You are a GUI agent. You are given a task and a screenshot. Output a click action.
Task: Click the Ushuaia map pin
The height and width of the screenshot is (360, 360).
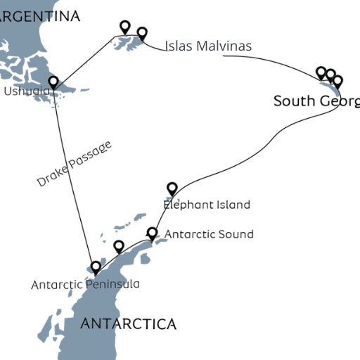pos(53,82)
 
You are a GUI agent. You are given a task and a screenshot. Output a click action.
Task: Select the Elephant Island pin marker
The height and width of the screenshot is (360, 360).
pos(172,188)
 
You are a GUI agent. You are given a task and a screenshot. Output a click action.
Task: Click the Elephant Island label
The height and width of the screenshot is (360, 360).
pos(206,205)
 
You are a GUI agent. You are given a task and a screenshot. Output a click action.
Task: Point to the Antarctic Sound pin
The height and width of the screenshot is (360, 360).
pos(152,233)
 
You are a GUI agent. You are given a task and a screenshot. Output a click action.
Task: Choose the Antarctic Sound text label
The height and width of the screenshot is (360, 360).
pos(208,233)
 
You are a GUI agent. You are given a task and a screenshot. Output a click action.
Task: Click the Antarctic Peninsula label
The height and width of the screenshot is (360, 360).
pos(85,284)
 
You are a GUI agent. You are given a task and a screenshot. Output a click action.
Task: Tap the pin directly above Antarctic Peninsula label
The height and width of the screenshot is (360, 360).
pos(96,267)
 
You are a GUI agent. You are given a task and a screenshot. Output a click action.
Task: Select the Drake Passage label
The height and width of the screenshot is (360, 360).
pos(74,164)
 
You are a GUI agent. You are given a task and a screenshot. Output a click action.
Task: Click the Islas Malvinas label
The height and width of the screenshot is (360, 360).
pos(208,46)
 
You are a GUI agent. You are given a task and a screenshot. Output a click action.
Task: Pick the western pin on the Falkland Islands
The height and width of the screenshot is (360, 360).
pos(125,27)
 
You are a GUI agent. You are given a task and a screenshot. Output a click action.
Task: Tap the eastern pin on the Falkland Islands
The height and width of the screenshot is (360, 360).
pos(142,33)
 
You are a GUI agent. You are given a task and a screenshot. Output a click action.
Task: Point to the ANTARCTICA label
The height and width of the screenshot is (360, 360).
pos(128,323)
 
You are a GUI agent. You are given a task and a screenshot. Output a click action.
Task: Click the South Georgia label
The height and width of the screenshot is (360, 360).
pos(316,101)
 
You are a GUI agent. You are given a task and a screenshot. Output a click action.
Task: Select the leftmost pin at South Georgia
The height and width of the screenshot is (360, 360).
pos(321,72)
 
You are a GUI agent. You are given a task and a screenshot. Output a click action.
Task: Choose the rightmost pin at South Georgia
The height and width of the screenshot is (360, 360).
pos(337,81)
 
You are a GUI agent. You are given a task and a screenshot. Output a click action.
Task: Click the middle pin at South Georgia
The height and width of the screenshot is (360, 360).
pos(330,75)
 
